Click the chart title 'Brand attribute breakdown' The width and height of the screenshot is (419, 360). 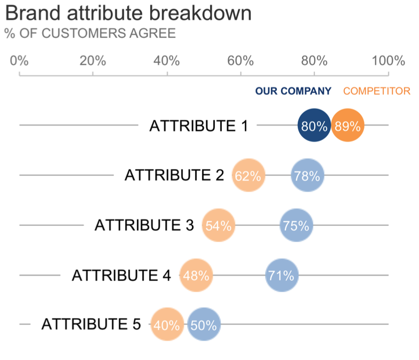128,13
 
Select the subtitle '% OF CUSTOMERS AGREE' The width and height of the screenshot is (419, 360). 90,34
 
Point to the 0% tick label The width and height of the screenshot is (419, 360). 19,60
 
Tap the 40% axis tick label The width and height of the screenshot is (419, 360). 167,60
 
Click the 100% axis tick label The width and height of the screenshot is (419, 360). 388,60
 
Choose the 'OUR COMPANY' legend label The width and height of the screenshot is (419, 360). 293,91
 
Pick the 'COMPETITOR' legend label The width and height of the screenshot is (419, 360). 376,91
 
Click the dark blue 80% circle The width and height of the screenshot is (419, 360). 314,126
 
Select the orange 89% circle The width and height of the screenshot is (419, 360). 348,126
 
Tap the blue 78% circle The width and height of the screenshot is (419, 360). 307,176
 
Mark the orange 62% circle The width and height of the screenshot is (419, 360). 249,176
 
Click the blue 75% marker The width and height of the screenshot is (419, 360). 297,225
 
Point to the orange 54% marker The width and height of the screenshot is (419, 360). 219,225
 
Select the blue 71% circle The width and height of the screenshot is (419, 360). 282,276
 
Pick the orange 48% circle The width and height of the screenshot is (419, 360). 196,276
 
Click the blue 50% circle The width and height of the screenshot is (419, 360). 204,324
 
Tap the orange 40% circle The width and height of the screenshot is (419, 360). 167,324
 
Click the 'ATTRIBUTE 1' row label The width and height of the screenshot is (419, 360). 198,126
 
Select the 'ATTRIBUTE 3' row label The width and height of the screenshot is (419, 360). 144,225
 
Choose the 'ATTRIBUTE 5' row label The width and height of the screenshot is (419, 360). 91,324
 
